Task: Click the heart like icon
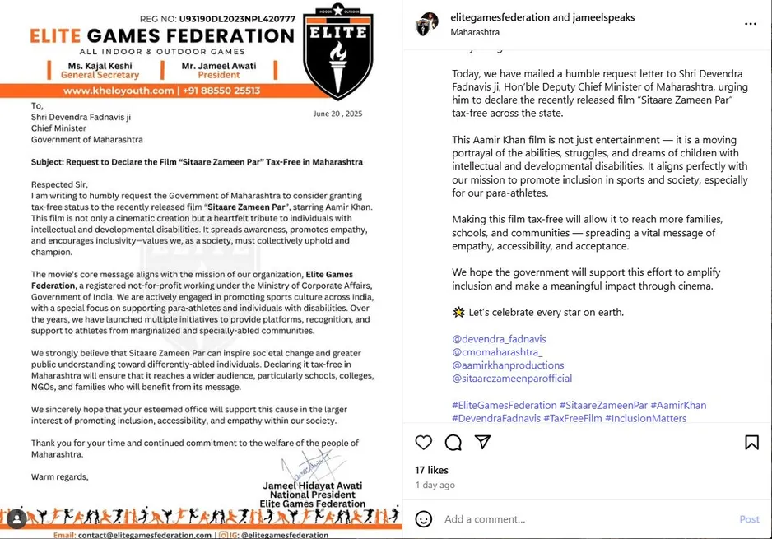[x=424, y=443]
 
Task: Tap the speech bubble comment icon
[x=453, y=443]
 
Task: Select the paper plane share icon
[x=483, y=443]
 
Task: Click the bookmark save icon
[x=751, y=443]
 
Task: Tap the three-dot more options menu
[x=750, y=24]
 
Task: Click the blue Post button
[x=749, y=519]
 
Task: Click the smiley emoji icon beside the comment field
[x=424, y=519]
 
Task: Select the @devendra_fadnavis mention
[x=499, y=339]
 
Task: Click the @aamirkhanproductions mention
[x=508, y=365]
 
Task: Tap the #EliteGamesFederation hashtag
[x=504, y=405]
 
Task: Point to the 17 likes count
[x=432, y=471]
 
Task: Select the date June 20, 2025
[x=337, y=114]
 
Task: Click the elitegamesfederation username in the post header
[x=500, y=17]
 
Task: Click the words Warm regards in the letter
[x=59, y=476]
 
